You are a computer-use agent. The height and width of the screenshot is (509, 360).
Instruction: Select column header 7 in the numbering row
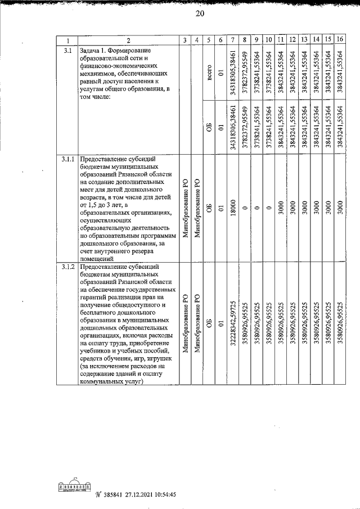click(x=233, y=40)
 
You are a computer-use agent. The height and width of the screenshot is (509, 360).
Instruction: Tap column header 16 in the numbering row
click(x=340, y=40)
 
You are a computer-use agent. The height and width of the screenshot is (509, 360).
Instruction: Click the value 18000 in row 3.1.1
click(x=233, y=207)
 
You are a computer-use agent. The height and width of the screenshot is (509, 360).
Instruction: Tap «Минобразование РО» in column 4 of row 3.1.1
click(x=197, y=208)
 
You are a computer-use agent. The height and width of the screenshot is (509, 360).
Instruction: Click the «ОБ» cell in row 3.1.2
click(x=209, y=325)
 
